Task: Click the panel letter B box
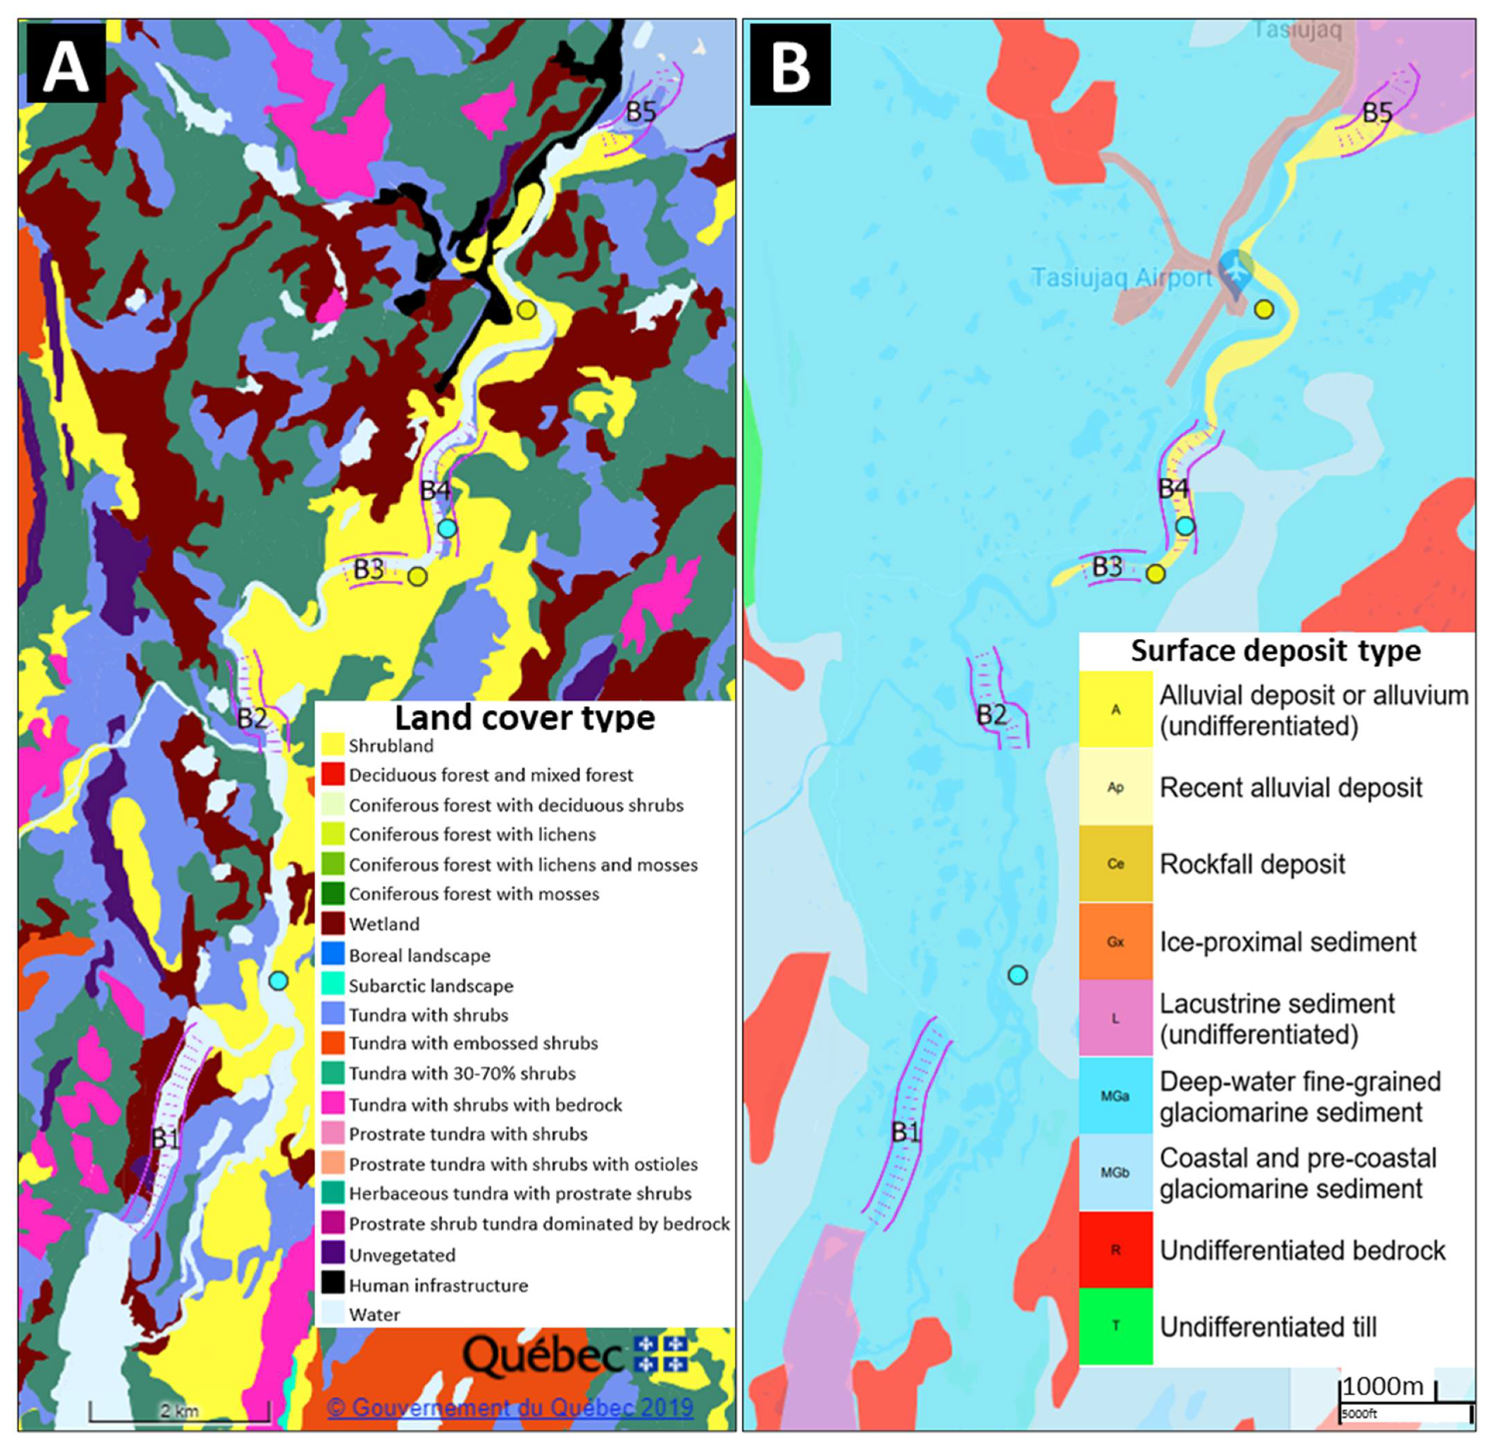click(x=790, y=65)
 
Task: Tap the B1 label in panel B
click(x=905, y=1132)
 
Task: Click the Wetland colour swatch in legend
click(x=332, y=924)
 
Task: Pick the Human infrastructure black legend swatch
click(x=332, y=1285)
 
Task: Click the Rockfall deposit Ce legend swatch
click(x=1115, y=864)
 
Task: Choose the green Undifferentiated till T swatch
click(x=1115, y=1326)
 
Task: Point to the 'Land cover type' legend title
click(x=525, y=718)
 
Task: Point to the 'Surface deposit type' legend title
click(x=1275, y=651)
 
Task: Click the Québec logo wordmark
click(x=542, y=1355)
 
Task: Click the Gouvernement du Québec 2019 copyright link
click(x=510, y=1407)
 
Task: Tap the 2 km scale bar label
click(x=180, y=1410)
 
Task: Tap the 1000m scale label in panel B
click(x=1382, y=1387)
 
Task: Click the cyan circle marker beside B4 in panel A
click(x=447, y=527)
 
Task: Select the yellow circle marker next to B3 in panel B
click(x=1156, y=574)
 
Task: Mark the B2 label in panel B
click(x=991, y=714)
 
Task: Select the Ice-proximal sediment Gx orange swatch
click(x=1115, y=941)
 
